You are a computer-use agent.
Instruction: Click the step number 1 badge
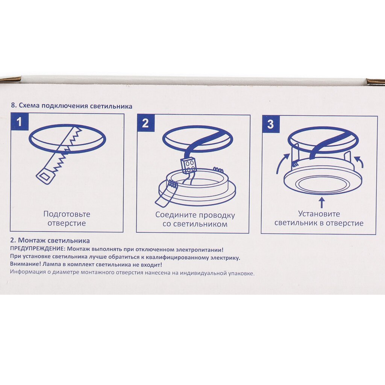pyautogui.click(x=20, y=122)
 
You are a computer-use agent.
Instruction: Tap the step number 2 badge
pyautogui.click(x=146, y=123)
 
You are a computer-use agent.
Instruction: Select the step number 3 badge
pyautogui.click(x=271, y=124)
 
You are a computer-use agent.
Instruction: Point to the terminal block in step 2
pyautogui.click(x=188, y=166)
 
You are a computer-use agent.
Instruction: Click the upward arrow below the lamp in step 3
pyautogui.click(x=322, y=203)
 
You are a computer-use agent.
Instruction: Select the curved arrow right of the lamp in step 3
pyautogui.click(x=359, y=161)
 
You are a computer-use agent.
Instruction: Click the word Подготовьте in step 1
pyautogui.click(x=67, y=214)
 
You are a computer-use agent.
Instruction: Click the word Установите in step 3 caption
pyautogui.click(x=319, y=214)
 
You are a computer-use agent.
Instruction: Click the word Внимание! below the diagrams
pyautogui.click(x=25, y=264)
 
